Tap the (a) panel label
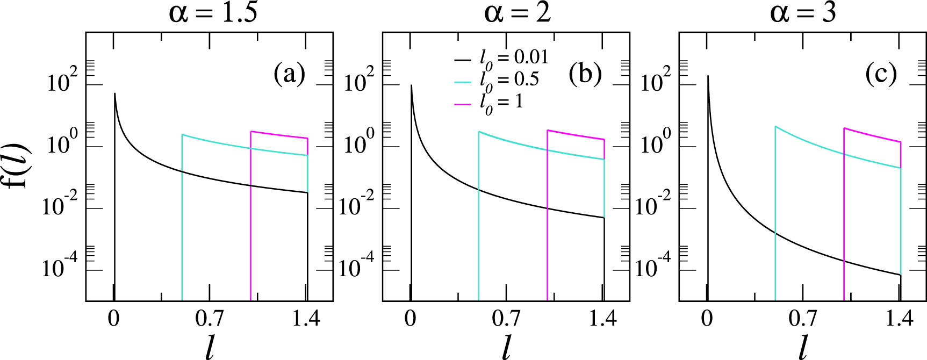pyautogui.click(x=289, y=74)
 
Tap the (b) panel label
pyautogui.click(x=585, y=74)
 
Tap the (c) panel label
pyautogui.click(x=881, y=74)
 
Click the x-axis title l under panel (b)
pyautogui.click(x=506, y=347)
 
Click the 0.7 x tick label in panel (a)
pyautogui.click(x=209, y=319)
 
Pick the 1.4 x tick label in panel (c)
pyautogui.click(x=899, y=319)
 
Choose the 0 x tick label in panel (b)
pyautogui.click(x=411, y=319)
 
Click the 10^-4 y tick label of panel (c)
pyautogui.click(x=656, y=267)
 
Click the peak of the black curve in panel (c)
pyautogui.click(x=708, y=76)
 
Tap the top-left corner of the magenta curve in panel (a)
pyautogui.click(x=251, y=131)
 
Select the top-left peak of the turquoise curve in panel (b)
pyautogui.click(x=479, y=132)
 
